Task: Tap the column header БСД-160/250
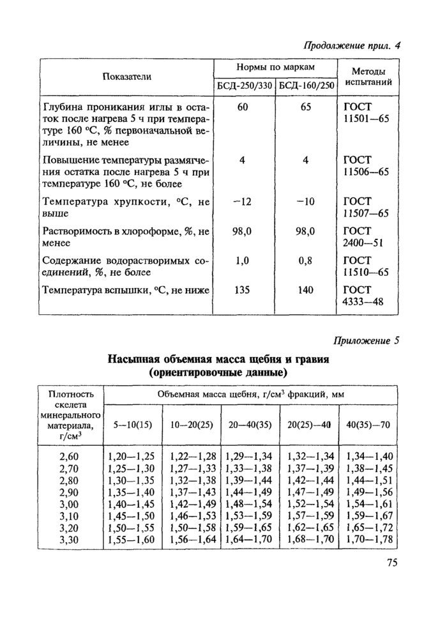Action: [307, 86]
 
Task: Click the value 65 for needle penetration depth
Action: [306, 107]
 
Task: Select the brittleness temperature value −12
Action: [243, 202]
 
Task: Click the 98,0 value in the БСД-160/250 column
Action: [306, 232]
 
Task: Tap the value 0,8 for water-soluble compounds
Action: [306, 261]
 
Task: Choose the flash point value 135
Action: [243, 291]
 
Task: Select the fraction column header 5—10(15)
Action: [133, 425]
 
